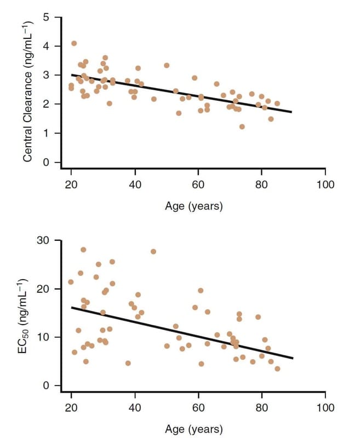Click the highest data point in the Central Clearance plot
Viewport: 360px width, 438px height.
tap(74, 43)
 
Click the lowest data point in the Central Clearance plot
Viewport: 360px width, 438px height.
tap(242, 126)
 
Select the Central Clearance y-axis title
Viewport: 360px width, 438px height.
tap(27, 90)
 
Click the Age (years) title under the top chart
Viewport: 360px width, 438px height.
tap(194, 206)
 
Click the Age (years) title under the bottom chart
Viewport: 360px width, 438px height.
tap(194, 428)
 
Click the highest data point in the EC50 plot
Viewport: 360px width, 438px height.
tap(83, 250)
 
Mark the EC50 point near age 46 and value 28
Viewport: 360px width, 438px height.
tap(153, 252)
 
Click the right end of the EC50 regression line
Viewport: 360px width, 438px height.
tap(293, 358)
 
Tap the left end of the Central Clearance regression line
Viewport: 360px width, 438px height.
tap(72, 74)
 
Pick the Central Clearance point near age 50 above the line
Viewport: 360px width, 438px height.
tap(167, 65)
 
